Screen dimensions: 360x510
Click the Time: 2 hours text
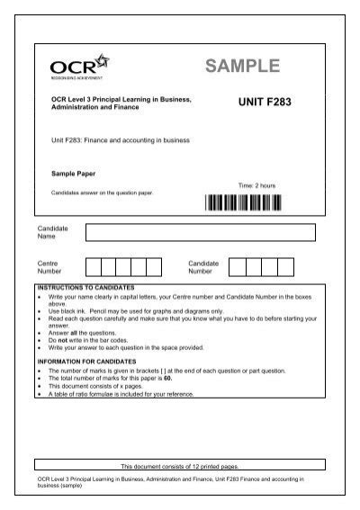256,185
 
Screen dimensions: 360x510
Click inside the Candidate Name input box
200,233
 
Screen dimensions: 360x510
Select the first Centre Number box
93,266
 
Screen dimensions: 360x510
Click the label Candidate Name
52,233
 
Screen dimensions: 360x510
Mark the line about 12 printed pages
180,467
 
